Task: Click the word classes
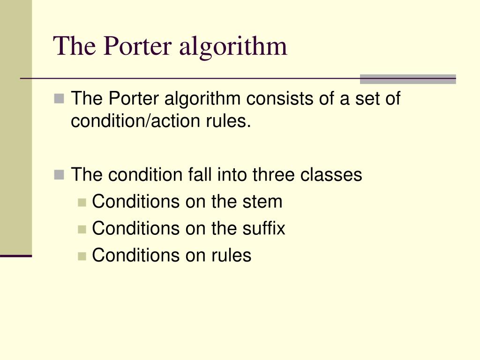331,175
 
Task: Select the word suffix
264,228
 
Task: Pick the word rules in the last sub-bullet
231,255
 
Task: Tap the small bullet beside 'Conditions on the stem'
82,202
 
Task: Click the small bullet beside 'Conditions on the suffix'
82,229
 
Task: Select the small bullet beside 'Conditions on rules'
82,255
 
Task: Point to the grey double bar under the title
408,79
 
